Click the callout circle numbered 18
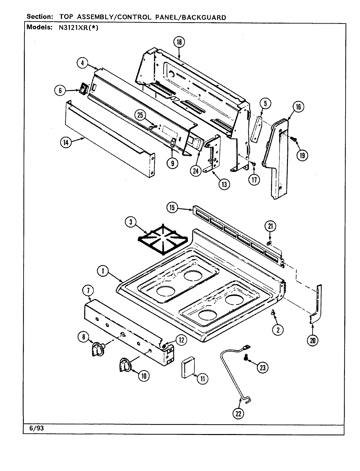179,42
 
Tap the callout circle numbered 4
83,63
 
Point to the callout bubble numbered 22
238,414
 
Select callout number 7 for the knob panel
90,290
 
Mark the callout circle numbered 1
103,271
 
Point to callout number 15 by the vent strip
172,207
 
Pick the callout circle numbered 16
298,107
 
